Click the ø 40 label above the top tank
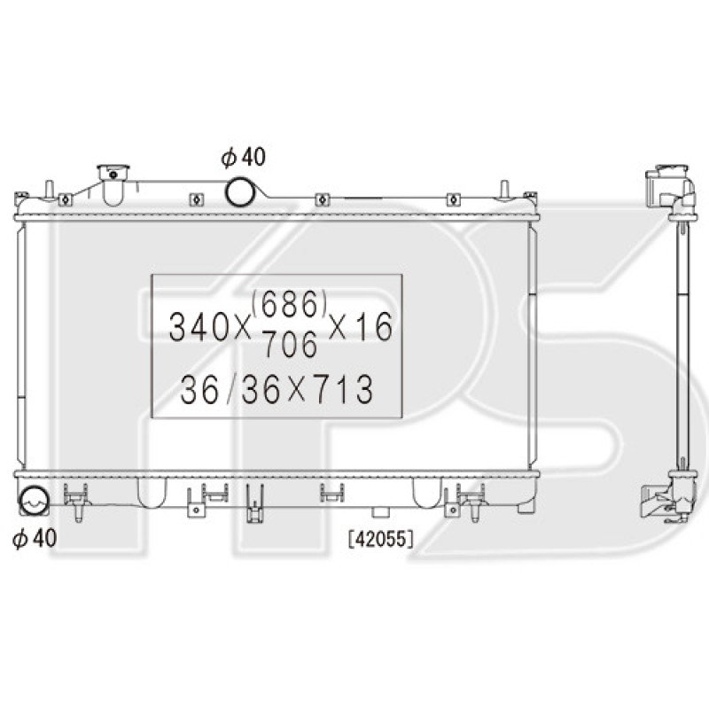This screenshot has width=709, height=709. coord(243,157)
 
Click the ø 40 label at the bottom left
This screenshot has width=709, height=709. coord(35,538)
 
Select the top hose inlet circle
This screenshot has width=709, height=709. coord(240,191)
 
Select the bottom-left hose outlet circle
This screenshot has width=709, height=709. coord(33,501)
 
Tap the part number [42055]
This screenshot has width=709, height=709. coord(381,539)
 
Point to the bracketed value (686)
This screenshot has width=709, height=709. coord(290,303)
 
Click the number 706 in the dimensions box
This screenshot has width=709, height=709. coord(291,344)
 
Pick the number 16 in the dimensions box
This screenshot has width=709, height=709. coord(378,326)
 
